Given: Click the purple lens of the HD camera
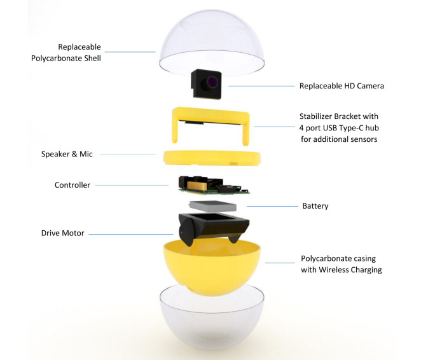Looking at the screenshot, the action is coord(212,82).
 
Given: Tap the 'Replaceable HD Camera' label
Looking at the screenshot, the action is coord(342,86).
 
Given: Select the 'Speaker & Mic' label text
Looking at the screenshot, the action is coord(67,154).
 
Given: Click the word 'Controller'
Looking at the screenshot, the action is coord(73,185).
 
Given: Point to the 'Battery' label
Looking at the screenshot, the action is coord(315,206).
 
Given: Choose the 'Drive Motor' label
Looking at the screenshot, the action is coord(62,233).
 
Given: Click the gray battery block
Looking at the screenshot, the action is coord(213,206).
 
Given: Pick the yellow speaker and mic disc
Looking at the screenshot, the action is coord(212,157).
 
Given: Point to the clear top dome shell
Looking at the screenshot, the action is coord(212,42).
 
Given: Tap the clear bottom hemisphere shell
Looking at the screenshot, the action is coord(212,324).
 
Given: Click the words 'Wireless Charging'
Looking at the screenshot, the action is coord(350,270).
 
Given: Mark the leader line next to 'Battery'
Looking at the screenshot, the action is coord(272,206).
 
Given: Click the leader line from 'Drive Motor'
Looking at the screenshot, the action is coord(131,234).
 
